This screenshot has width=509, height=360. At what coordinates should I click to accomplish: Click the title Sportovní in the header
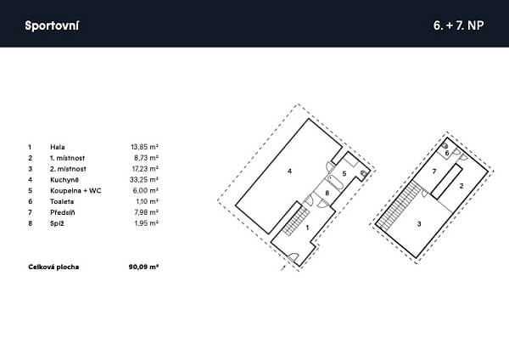(52, 25)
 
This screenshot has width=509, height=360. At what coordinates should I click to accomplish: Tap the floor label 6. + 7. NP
(458, 25)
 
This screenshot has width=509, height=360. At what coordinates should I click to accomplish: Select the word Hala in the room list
(58, 147)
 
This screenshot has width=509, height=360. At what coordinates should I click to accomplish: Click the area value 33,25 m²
(144, 180)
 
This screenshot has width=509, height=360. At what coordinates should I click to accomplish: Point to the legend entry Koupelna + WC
(76, 191)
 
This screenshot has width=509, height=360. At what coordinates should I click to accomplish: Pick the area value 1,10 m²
(147, 201)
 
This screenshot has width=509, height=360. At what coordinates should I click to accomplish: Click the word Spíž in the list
(57, 223)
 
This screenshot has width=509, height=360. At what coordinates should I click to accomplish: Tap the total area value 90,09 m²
(143, 267)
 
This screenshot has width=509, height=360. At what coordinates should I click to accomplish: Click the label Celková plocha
(53, 267)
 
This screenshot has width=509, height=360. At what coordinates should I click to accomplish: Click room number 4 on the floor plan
(289, 171)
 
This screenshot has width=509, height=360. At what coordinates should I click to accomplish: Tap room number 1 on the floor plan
(307, 228)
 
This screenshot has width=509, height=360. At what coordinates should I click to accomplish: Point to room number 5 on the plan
(344, 173)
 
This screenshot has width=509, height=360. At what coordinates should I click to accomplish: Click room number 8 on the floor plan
(327, 193)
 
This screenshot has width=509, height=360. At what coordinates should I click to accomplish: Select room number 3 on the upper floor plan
(419, 224)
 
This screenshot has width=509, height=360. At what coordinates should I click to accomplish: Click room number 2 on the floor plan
(461, 186)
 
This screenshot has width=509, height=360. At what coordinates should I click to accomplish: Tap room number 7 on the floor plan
(434, 172)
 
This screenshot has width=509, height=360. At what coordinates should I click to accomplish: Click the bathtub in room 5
(334, 183)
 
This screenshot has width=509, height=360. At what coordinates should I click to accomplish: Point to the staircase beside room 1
(296, 220)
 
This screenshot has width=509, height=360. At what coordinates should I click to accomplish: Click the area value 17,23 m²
(145, 169)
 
